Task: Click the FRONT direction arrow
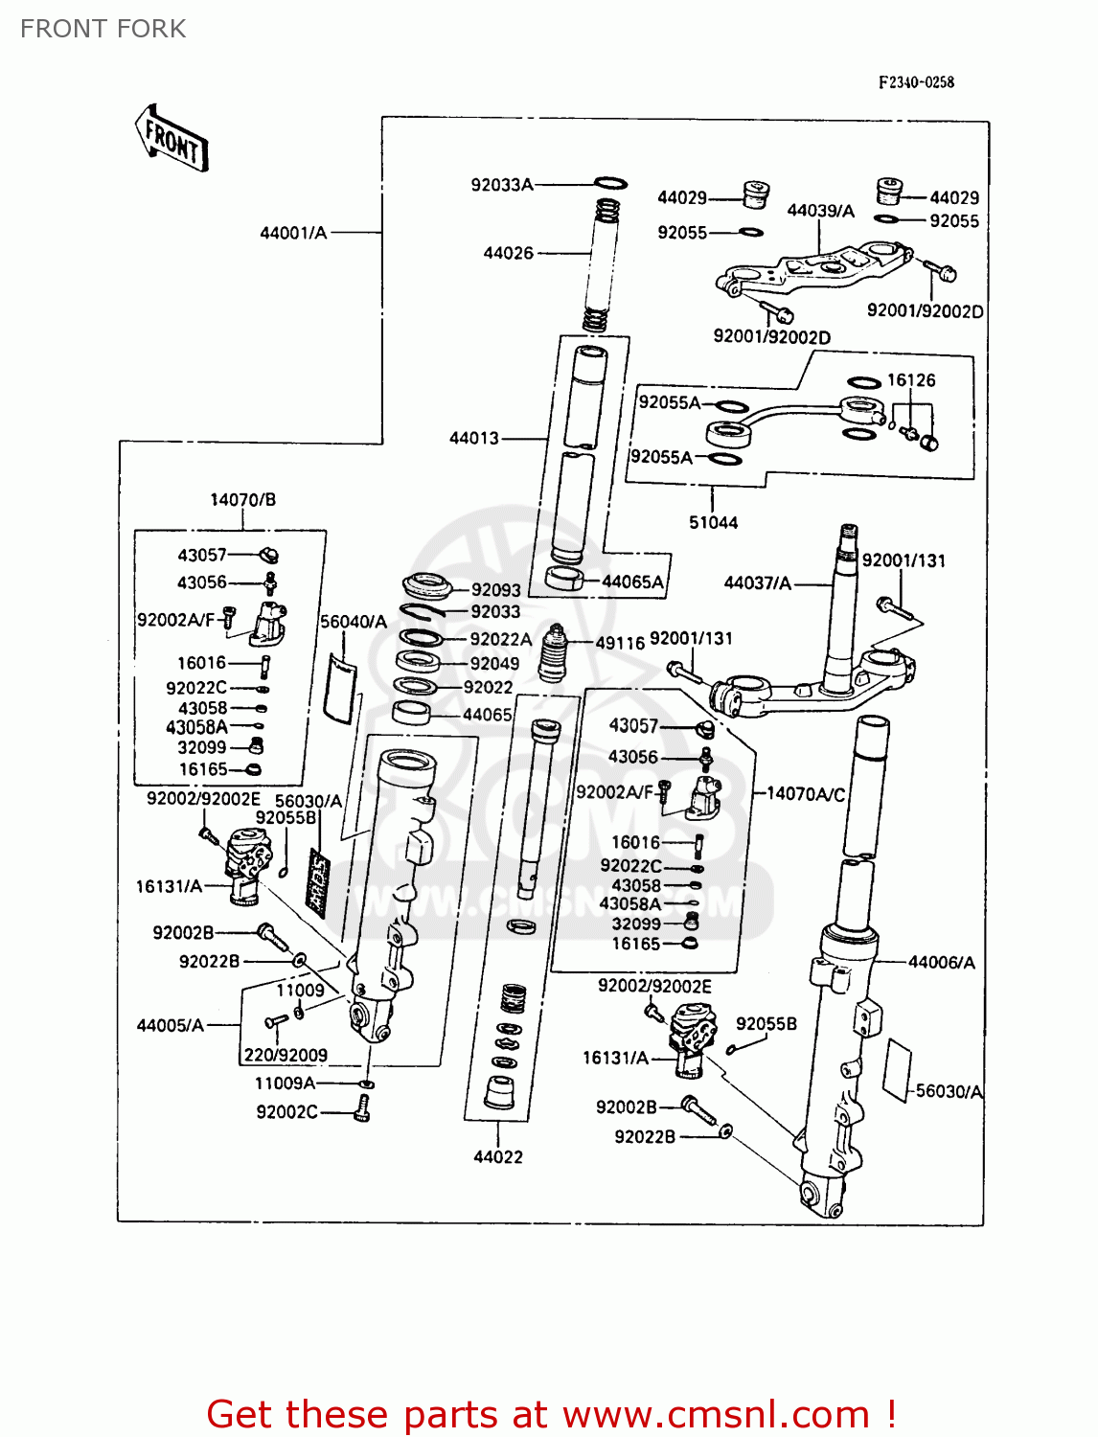coord(172,140)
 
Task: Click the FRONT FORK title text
coord(103,29)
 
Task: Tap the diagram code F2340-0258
coord(916,82)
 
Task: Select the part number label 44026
coord(508,253)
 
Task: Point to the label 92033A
coord(501,185)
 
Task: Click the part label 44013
coord(474,438)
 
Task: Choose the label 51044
coord(713,522)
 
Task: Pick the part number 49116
coord(620,643)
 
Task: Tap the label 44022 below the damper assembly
coord(498,1156)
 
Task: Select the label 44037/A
coord(757,582)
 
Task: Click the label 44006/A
coord(941,962)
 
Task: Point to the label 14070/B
coord(242,499)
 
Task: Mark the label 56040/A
coord(353,622)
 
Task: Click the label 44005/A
coord(170,1025)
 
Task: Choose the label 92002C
coord(286,1111)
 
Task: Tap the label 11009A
coord(285,1083)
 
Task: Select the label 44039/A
coord(820,211)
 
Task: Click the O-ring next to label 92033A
coord(610,183)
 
